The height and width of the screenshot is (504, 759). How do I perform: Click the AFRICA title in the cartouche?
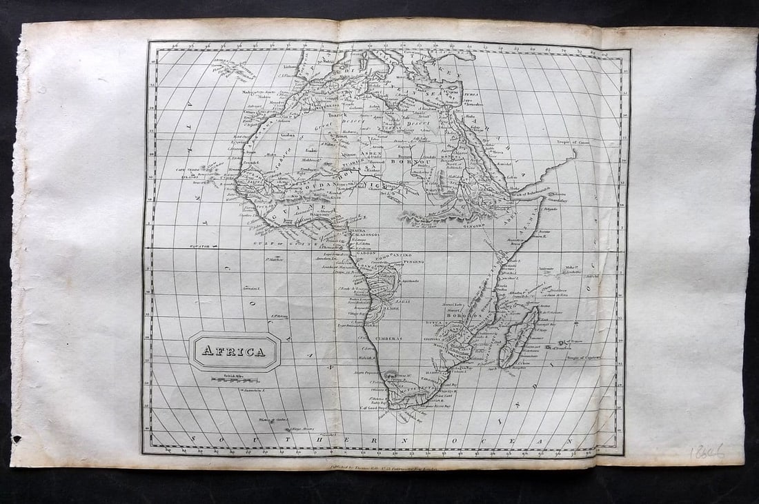pos(234,351)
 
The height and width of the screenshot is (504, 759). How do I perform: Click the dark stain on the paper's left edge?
pos(17,438)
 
